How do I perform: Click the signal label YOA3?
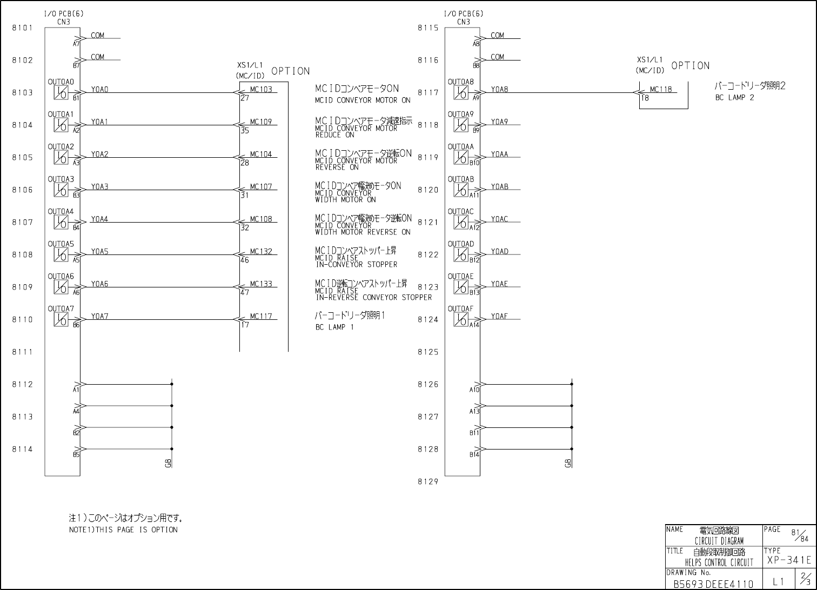(99, 187)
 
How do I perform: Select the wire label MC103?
(261, 90)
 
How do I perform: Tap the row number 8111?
(22, 352)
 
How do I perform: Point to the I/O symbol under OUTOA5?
(61, 254)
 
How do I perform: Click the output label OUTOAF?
(460, 309)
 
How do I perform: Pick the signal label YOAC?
(499, 219)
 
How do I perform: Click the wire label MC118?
(661, 90)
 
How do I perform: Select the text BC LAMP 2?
(734, 98)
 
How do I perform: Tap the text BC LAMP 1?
(334, 327)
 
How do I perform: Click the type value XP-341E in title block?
(789, 561)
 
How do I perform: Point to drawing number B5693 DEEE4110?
(713, 584)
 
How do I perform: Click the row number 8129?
(428, 482)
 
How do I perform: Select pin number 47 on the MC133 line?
(245, 293)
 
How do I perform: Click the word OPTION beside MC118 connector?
(691, 66)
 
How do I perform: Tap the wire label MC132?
(261, 252)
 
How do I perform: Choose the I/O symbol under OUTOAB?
(461, 190)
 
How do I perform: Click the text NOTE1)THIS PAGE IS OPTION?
(123, 530)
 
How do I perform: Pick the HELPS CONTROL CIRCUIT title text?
(719, 562)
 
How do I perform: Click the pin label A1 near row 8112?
(76, 390)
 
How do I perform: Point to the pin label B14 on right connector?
(474, 455)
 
